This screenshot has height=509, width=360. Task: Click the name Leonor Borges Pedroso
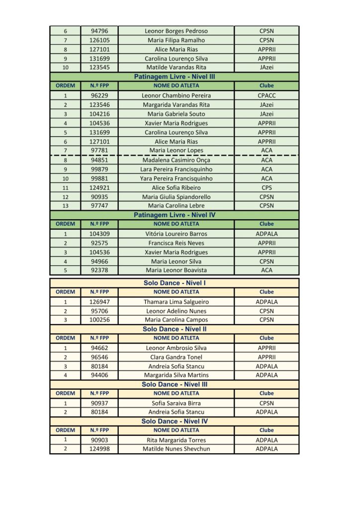[x=176, y=31]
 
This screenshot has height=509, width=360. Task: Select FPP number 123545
[x=99, y=67]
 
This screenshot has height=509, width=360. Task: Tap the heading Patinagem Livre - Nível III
[x=174, y=77]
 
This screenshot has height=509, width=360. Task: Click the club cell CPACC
[x=267, y=95]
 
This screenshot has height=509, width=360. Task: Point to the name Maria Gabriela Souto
[x=176, y=114]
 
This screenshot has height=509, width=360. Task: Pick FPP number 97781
[x=99, y=150]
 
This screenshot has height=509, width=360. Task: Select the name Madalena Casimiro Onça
[x=176, y=160]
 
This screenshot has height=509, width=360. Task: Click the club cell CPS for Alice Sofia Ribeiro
[x=267, y=188]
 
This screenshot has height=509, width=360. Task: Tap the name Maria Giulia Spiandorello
[x=176, y=197]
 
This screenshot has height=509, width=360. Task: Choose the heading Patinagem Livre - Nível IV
[x=174, y=215]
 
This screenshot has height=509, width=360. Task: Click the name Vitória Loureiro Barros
[x=176, y=234]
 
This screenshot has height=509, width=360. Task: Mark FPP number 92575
[x=99, y=243]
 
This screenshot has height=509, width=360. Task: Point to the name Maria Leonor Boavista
[x=176, y=270]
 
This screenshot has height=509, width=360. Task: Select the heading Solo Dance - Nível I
[x=174, y=283]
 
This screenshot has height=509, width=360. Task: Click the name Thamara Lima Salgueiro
[x=176, y=302]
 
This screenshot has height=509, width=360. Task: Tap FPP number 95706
[x=99, y=311]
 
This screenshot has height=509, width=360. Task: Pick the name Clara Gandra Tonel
[x=176, y=357]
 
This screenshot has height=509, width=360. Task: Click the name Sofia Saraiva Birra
[x=176, y=403]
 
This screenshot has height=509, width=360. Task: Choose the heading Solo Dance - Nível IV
[x=174, y=421]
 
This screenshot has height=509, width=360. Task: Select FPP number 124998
[x=99, y=449]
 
